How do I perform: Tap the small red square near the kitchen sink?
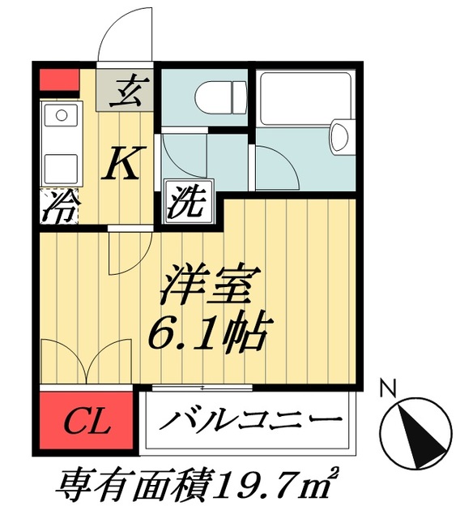pyautogui.click(x=56, y=81)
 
